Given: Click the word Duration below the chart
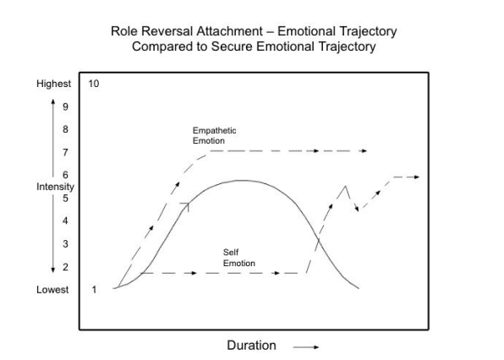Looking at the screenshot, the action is click(x=251, y=346).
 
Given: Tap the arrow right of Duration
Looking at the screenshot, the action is click(x=306, y=346).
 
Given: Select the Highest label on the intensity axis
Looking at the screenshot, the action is click(x=53, y=84).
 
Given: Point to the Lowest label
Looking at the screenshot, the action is click(x=52, y=290).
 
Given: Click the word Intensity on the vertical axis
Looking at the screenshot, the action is click(x=55, y=187).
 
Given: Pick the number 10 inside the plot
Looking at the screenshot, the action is click(x=94, y=84).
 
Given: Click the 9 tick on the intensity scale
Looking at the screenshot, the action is click(x=66, y=106).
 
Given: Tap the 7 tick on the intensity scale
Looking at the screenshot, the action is click(x=66, y=152).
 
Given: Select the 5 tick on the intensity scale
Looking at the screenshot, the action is click(x=66, y=198).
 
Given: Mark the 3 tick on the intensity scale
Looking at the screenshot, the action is click(x=66, y=243).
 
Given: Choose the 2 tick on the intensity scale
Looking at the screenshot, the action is click(x=66, y=267).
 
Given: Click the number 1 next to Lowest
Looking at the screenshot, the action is click(x=94, y=290).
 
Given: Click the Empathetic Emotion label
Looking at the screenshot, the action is click(x=215, y=135).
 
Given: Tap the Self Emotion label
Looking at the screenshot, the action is click(x=239, y=258).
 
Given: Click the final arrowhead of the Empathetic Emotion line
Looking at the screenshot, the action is click(x=364, y=150).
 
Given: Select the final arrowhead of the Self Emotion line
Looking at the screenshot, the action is click(x=416, y=177).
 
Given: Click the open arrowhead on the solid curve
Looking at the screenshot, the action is click(x=186, y=206).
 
